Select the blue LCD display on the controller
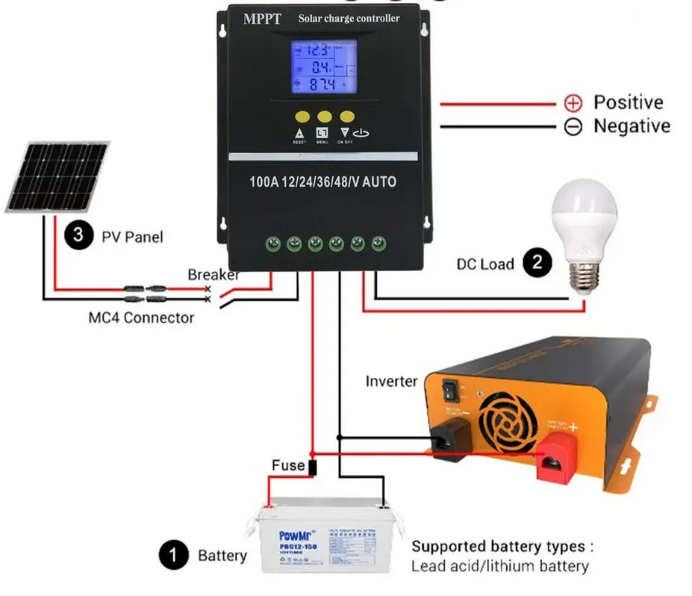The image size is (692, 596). click(x=323, y=66)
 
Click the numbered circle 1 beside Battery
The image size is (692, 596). click(x=173, y=556)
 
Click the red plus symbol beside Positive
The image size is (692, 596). click(x=573, y=103)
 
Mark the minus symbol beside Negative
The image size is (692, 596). click(x=573, y=126)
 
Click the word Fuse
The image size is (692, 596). click(x=288, y=465)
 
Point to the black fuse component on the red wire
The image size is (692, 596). click(x=312, y=468)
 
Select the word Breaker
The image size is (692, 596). click(x=213, y=275)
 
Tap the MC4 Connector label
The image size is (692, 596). click(x=141, y=317)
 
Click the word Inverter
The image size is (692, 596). click(x=391, y=381)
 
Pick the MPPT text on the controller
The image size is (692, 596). click(x=262, y=19)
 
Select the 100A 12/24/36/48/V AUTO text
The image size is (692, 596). click(x=323, y=182)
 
